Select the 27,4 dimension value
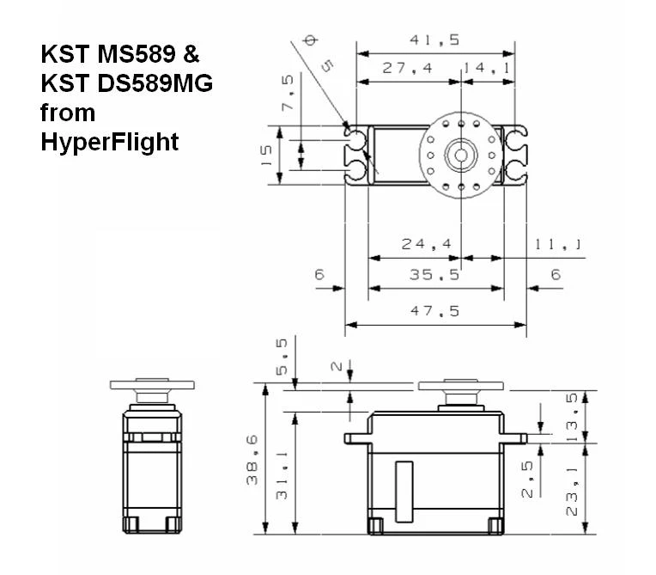[408, 68]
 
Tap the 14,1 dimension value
[488, 68]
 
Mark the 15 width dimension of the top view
[266, 154]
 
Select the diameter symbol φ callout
[310, 40]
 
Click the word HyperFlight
[110, 141]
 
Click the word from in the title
[68, 113]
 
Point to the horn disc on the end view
[152, 385]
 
